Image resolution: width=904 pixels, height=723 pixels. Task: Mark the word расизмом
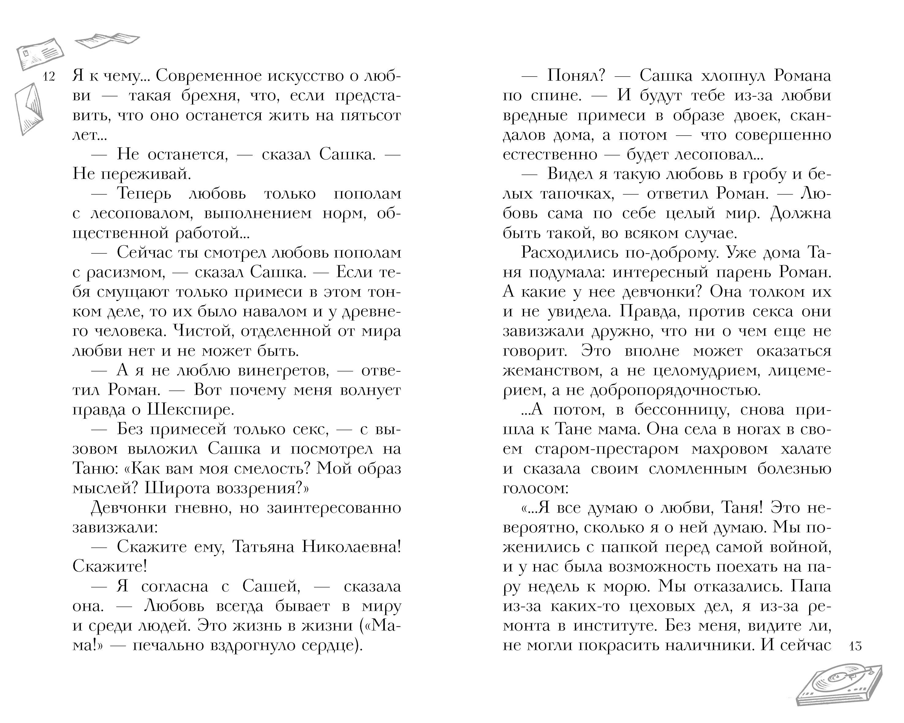click(126, 272)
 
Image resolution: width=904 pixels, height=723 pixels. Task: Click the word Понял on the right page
click(576, 76)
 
